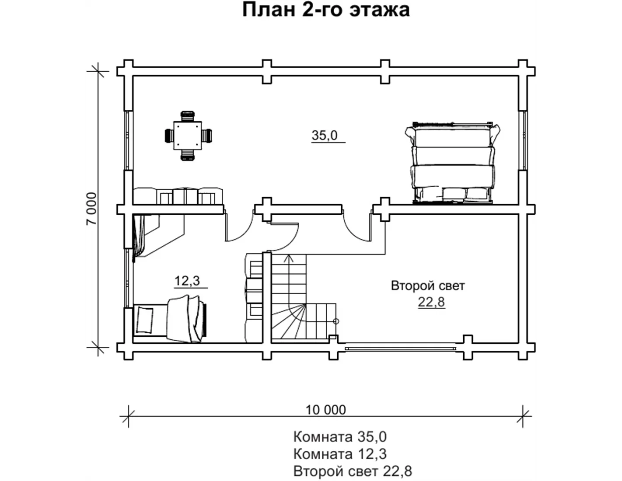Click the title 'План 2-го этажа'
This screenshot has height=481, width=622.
[x=326, y=10]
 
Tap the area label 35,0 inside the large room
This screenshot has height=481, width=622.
[x=325, y=136]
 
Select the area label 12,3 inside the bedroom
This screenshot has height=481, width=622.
[x=187, y=281]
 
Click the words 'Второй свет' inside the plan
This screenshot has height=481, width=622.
[x=428, y=286]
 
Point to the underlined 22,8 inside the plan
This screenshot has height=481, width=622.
[x=431, y=302]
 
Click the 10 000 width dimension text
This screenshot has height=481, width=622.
[x=326, y=410]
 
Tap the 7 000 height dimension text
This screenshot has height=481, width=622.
[x=92, y=209]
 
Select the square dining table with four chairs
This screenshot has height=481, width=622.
[x=188, y=136]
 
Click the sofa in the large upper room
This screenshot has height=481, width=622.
[x=453, y=163]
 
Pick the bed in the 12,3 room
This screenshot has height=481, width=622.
[x=170, y=319]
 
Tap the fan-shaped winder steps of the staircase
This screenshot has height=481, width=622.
[x=289, y=321]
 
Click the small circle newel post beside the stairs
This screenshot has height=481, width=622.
[x=336, y=321]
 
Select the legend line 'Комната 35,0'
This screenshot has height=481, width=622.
[x=340, y=437]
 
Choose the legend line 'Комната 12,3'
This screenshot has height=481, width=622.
[x=340, y=454]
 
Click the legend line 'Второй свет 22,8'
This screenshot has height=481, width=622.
[x=353, y=471]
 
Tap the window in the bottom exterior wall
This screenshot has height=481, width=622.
[x=400, y=348]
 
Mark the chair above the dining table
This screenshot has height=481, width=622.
[x=188, y=116]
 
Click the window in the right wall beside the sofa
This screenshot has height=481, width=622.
[x=523, y=140]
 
